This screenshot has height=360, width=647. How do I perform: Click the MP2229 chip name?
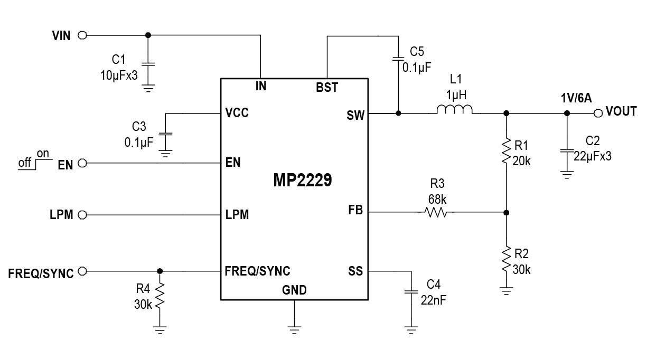tap(303, 180)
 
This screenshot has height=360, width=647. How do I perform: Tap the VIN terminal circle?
tap(82, 35)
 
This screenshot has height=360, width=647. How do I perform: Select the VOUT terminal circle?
tap(598, 113)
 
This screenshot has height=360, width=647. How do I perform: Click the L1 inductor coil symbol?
tap(454, 110)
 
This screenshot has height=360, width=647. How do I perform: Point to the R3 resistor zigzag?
tap(436, 213)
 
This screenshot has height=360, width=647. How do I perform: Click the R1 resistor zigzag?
tap(507, 150)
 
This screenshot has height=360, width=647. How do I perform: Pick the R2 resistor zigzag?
tap(507, 259)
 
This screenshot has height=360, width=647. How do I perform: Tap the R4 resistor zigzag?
tap(160, 295)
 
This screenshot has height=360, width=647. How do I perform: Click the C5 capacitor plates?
tap(398, 59)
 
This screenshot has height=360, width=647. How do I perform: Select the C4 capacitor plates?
tap(411, 292)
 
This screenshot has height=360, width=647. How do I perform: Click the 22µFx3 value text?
tap(593, 156)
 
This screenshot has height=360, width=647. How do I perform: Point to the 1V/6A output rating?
tap(576, 98)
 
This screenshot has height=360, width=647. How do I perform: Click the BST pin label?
tap(327, 88)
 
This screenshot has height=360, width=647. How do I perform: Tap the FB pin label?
tap(355, 210)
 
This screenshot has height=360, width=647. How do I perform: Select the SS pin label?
tap(355, 271)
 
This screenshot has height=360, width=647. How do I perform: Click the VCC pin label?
tap(237, 112)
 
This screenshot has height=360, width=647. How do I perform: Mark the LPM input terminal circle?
tap(82, 215)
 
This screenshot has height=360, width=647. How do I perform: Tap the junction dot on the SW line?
tap(398, 113)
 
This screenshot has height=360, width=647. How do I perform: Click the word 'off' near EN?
tap(24, 163)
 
